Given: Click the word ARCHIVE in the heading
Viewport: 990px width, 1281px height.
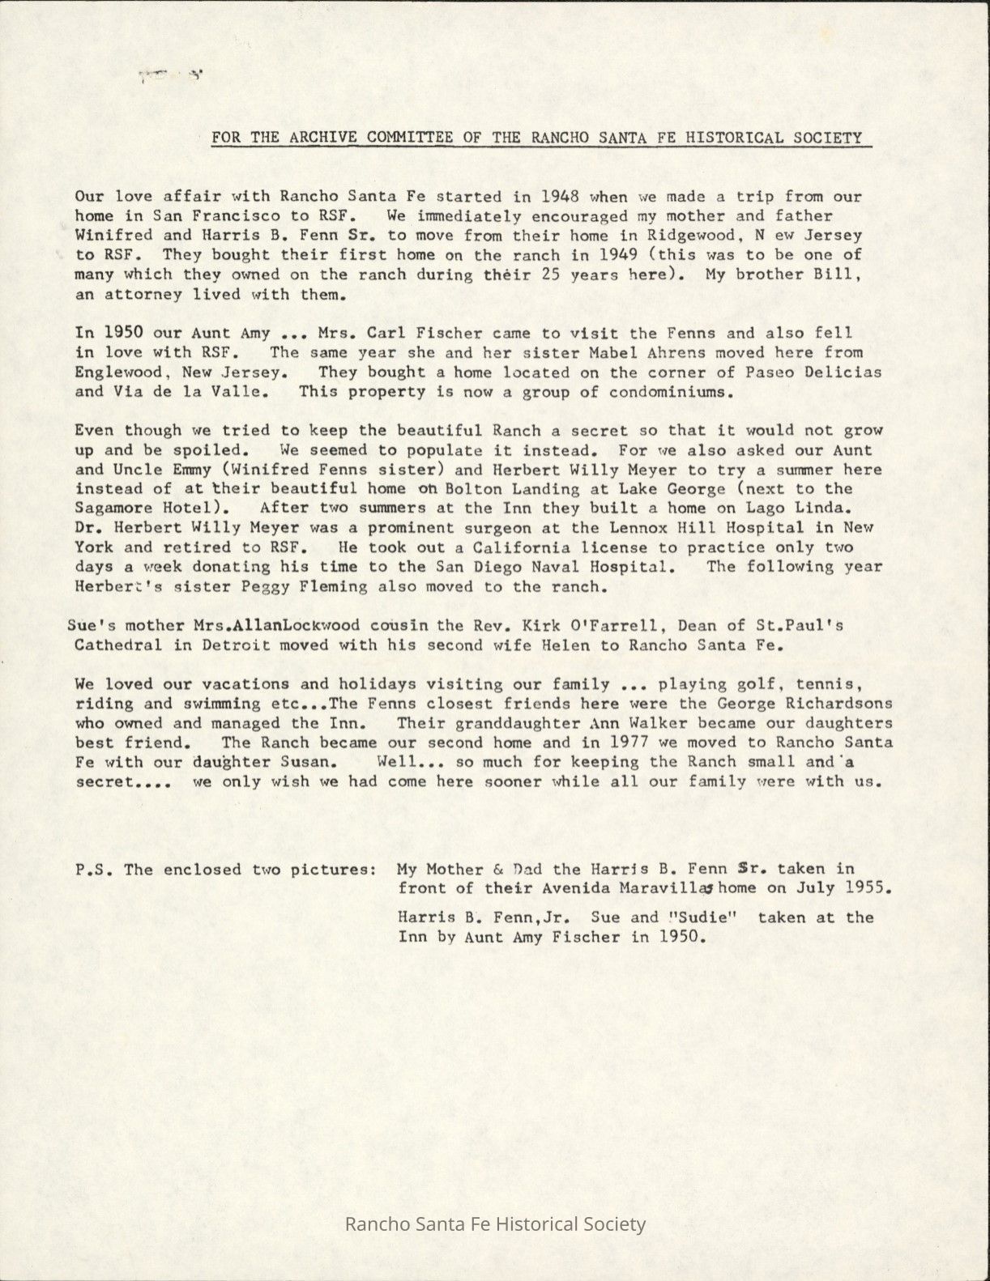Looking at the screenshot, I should [322, 137].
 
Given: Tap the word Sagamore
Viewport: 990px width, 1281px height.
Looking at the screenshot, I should [114, 509].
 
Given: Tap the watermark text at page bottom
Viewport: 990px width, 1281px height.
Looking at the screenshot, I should [495, 1224].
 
